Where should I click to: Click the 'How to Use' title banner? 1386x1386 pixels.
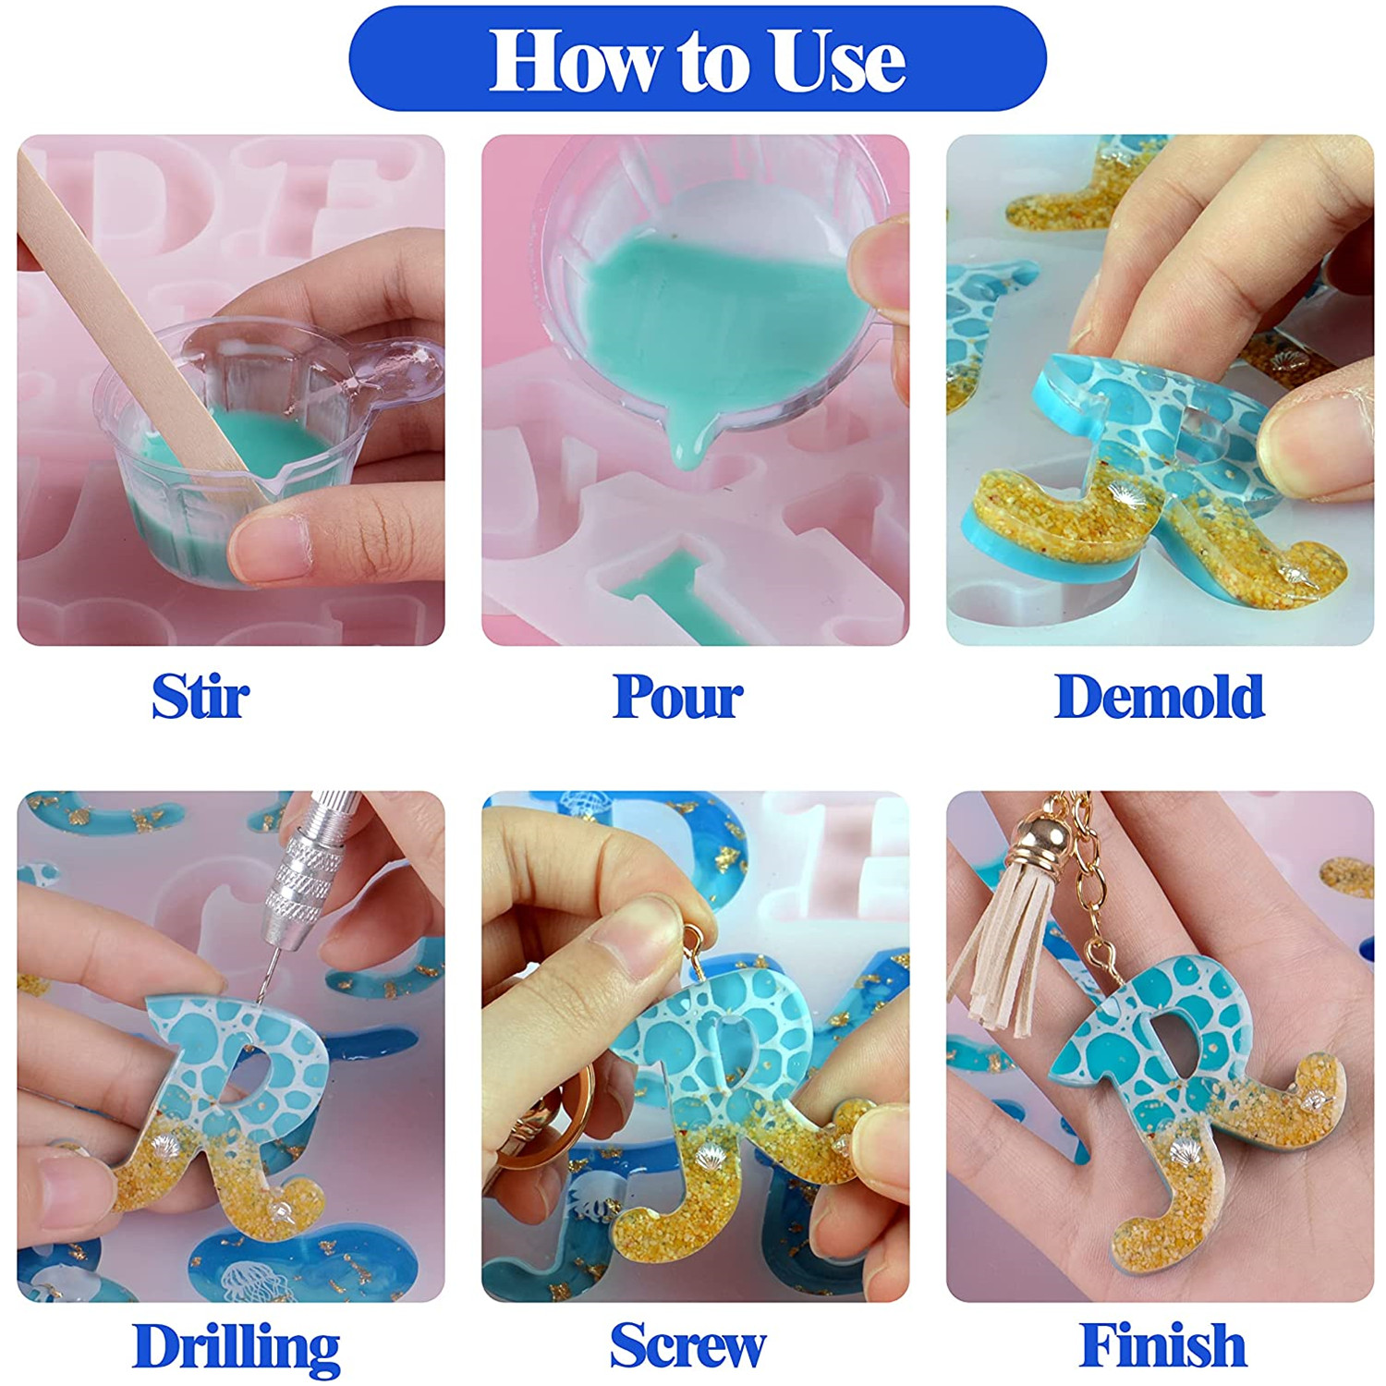point(698,58)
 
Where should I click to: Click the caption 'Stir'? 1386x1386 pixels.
point(201,696)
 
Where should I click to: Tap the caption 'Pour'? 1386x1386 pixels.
point(677,696)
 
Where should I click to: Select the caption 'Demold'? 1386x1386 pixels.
point(1159,696)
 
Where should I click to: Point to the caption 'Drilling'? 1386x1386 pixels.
point(237,1348)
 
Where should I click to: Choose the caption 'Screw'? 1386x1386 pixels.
point(687,1345)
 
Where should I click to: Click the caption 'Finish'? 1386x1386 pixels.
point(1162,1344)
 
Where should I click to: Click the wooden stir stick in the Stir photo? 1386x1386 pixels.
point(139,333)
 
